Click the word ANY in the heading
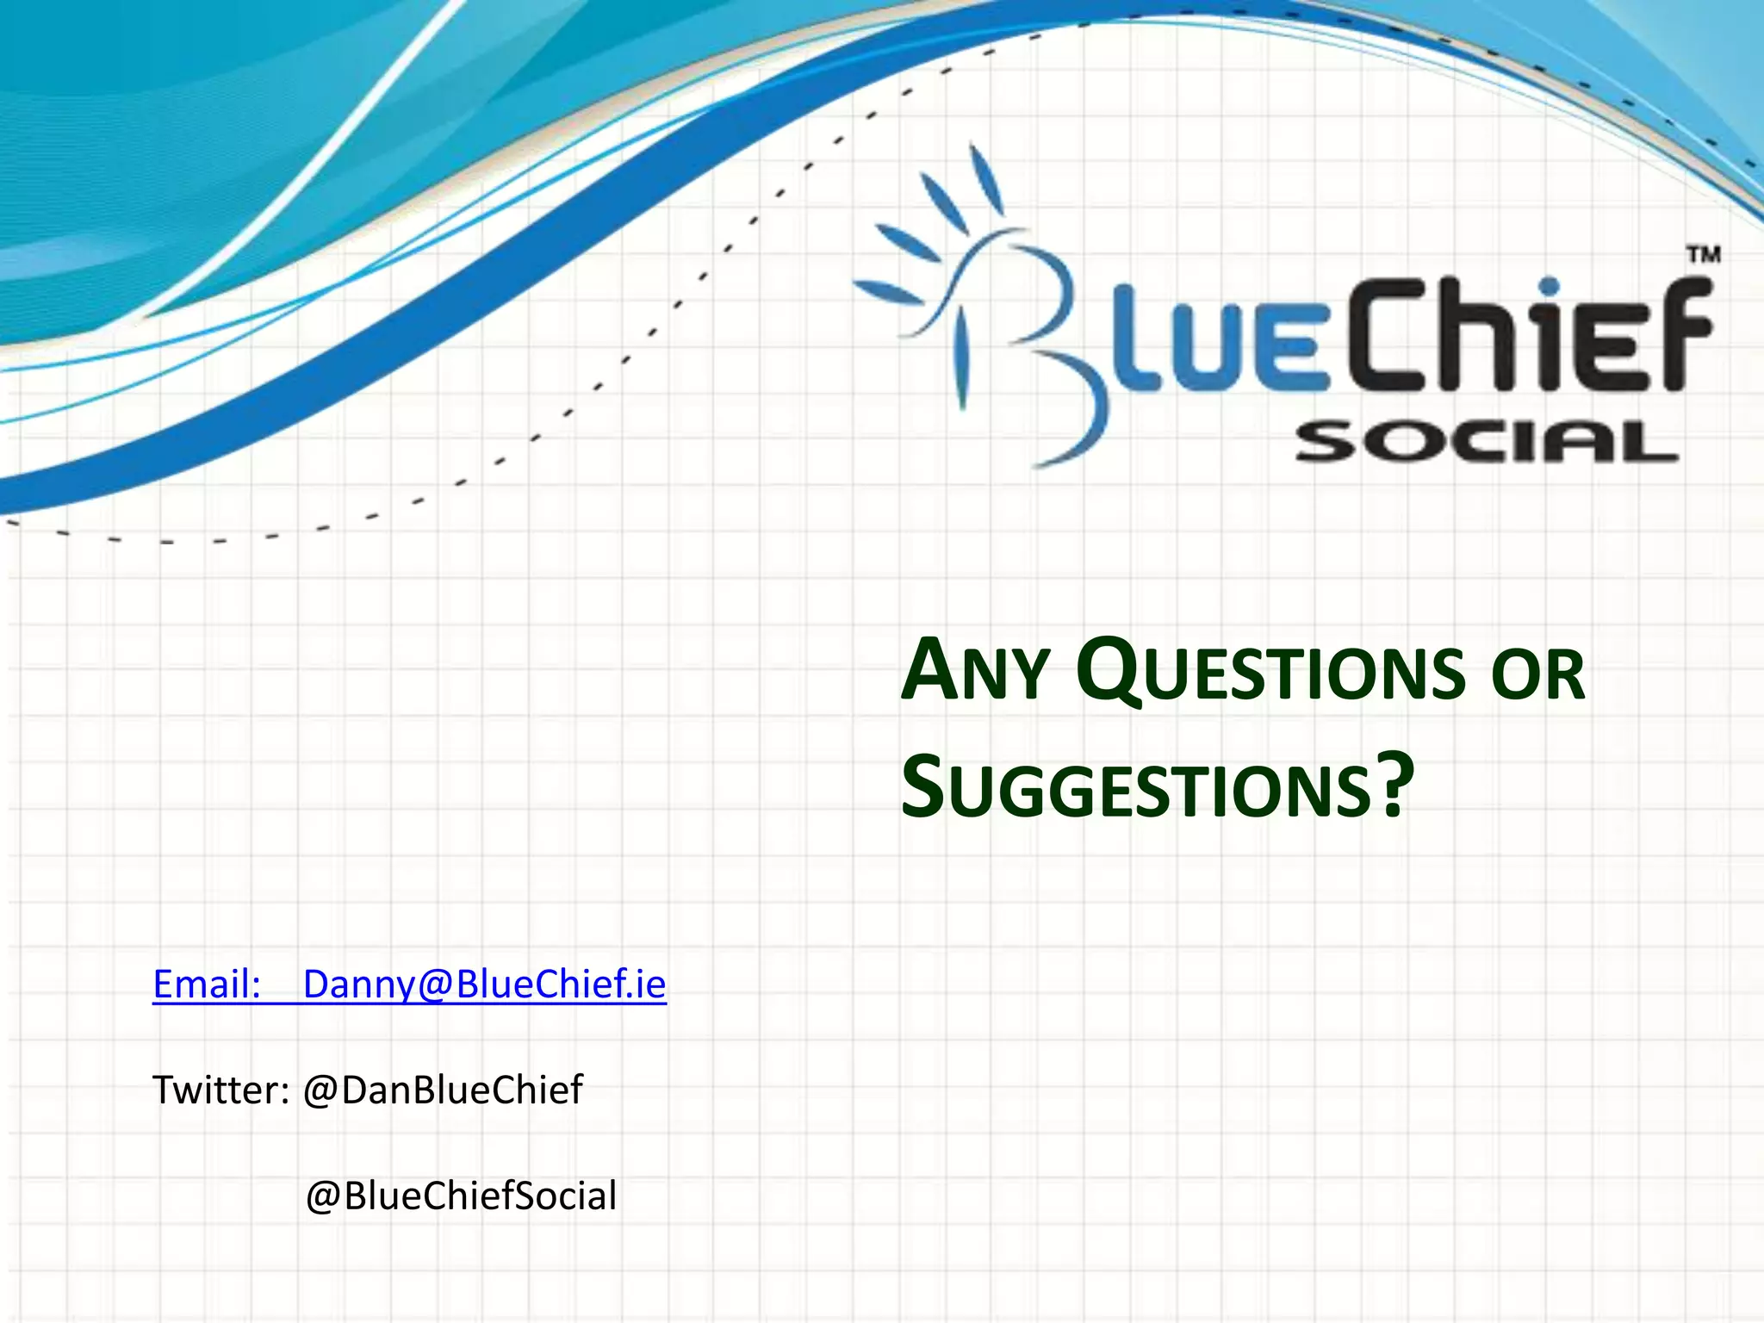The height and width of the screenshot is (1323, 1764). point(973,673)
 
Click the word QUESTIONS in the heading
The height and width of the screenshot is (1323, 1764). point(1271,673)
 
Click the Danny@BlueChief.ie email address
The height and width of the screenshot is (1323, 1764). point(484,984)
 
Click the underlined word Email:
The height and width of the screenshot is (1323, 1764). point(207,984)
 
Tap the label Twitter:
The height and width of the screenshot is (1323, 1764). point(220,1090)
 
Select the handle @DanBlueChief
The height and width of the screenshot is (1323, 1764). point(443,1090)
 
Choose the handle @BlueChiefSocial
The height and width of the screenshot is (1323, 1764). point(461,1196)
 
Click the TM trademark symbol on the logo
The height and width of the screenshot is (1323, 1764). point(1702,255)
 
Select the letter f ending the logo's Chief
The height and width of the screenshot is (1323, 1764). point(1680,336)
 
